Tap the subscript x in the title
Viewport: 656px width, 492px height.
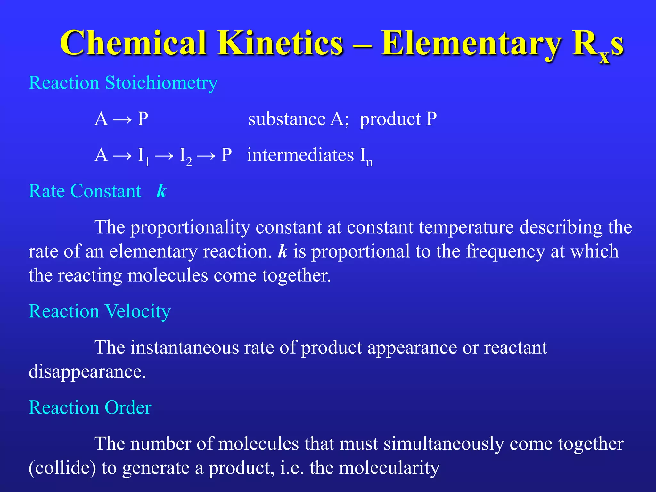click(604, 57)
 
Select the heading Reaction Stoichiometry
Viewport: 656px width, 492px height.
click(123, 83)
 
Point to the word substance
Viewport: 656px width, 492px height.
click(287, 119)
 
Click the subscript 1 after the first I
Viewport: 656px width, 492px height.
click(147, 162)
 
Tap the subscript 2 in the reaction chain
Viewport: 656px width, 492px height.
click(189, 162)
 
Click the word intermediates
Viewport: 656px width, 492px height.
click(300, 155)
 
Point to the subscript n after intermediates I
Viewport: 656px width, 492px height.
click(369, 162)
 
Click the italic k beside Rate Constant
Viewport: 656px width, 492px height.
click(161, 191)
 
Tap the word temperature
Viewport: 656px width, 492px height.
click(466, 228)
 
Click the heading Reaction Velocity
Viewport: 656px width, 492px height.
click(100, 311)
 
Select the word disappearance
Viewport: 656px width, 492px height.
click(87, 372)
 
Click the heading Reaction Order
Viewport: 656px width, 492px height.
click(90, 408)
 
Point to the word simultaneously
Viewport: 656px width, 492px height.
click(444, 444)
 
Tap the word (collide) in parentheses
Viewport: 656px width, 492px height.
click(62, 468)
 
